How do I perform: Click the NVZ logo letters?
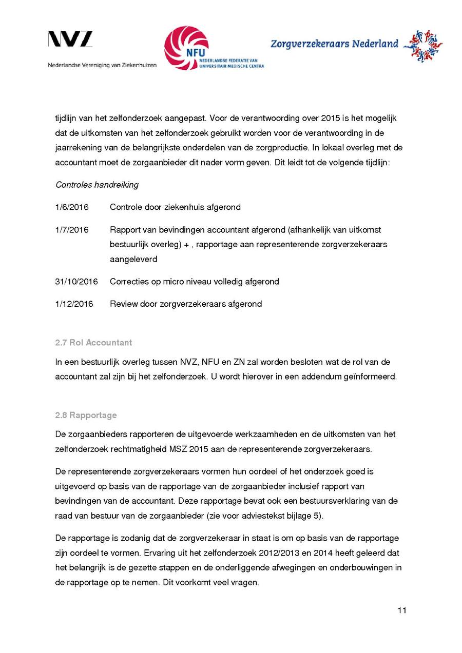coord(70,39)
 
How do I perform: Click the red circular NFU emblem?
coord(186,48)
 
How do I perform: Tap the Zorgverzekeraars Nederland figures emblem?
coord(422,46)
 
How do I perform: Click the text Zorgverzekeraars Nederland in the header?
coord(334,44)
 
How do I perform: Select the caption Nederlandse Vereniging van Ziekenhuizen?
coord(102,65)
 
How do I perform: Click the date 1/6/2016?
coord(72,207)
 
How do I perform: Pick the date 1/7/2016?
coord(72,230)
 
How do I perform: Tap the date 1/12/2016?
coord(74,304)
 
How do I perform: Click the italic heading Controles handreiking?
coord(97,185)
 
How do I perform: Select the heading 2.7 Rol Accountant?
coord(93,342)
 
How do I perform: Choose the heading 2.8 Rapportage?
coord(86,415)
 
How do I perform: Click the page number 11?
coord(402,610)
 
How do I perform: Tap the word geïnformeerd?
coord(370,377)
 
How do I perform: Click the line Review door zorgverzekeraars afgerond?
coord(186,304)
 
